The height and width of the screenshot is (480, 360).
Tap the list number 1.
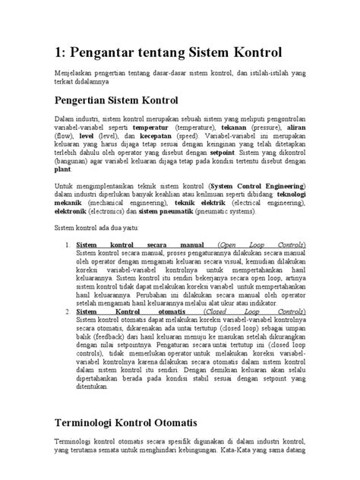68,246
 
